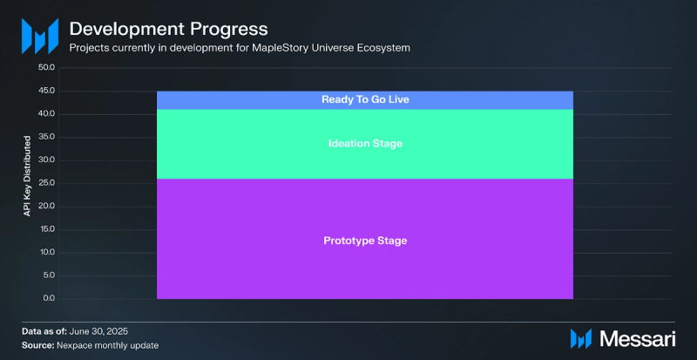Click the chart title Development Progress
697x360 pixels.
point(168,30)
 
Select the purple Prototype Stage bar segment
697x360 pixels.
point(365,239)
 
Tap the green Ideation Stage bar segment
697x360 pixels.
point(365,144)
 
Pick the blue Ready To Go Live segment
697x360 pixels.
point(365,100)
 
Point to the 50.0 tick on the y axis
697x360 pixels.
point(47,68)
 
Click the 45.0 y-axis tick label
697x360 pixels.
point(47,92)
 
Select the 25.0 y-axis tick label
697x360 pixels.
point(47,183)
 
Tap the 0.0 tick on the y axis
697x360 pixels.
point(49,299)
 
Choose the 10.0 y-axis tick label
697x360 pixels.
point(47,253)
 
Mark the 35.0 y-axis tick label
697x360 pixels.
point(47,137)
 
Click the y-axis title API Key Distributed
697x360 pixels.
point(28,176)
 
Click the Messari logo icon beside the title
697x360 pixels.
point(40,36)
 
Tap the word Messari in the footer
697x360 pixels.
point(638,339)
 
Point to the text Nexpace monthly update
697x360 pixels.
point(107,345)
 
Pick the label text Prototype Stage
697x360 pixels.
point(365,241)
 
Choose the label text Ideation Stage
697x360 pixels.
point(365,144)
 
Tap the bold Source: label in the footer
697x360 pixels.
point(37,345)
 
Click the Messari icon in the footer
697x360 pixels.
point(581,339)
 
